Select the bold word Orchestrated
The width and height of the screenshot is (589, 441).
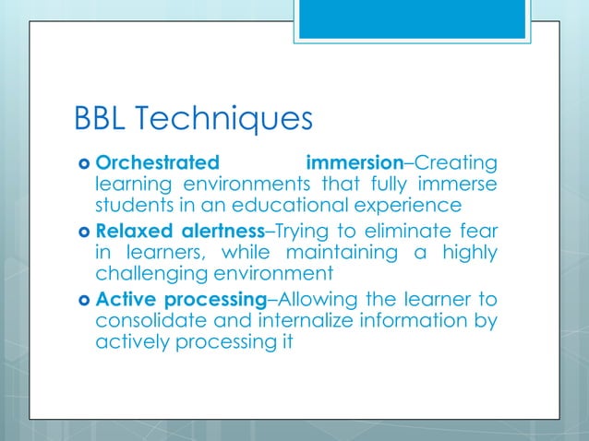pos(158,164)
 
